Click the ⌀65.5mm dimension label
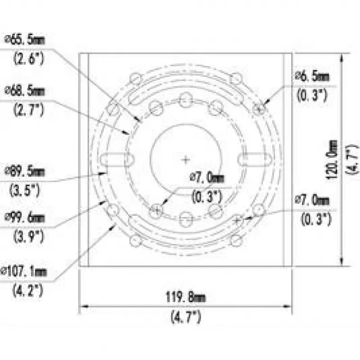(x=25, y=40)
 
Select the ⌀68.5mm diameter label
(x=25, y=91)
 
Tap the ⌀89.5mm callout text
(x=25, y=172)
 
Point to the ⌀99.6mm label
(x=25, y=218)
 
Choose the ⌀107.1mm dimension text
(x=24, y=272)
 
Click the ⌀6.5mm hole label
(x=312, y=76)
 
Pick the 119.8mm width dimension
(x=185, y=297)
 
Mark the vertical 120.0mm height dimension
(x=332, y=160)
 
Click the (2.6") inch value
(x=28, y=58)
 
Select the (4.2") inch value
(x=28, y=290)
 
